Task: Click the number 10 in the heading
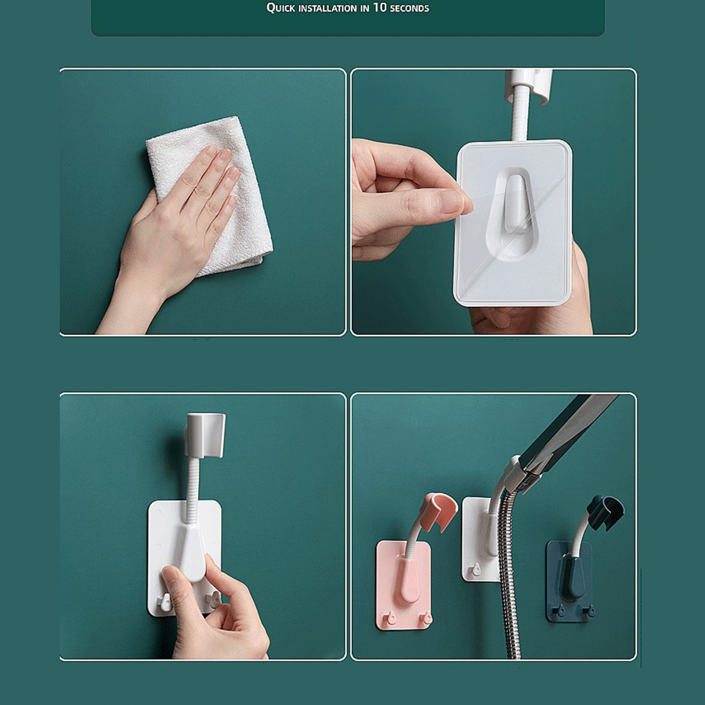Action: [x=379, y=7]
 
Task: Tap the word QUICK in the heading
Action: [x=281, y=8]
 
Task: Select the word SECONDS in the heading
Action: [x=409, y=8]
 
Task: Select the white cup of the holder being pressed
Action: [x=205, y=435]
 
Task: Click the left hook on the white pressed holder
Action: [x=165, y=602]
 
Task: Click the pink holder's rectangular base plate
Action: [x=404, y=585]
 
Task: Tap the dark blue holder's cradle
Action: [x=605, y=512]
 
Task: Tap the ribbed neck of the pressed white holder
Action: [x=193, y=490]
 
